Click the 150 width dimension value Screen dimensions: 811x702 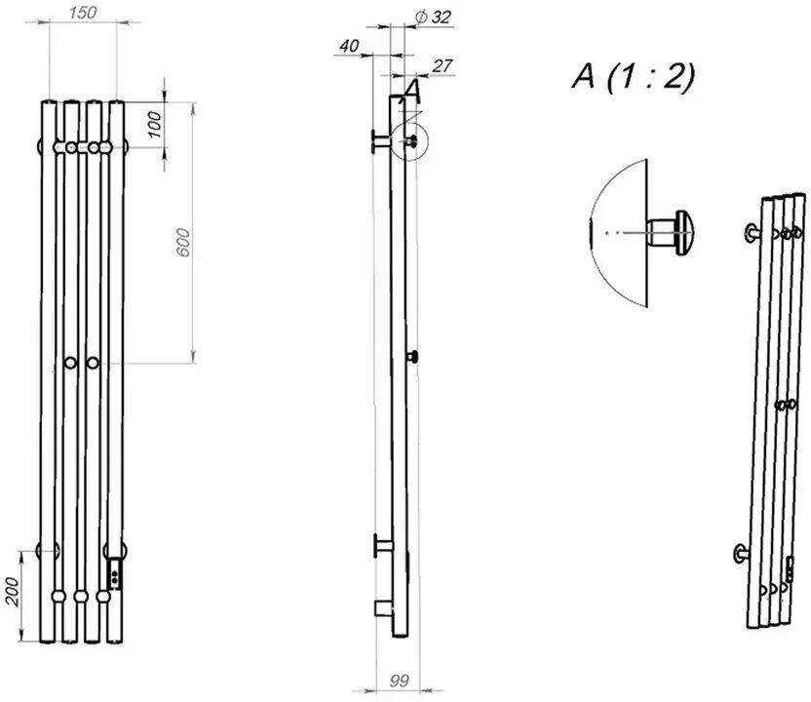(82, 12)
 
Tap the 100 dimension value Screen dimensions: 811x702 (155, 123)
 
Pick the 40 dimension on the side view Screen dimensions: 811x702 (351, 45)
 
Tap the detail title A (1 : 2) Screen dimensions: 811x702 (634, 77)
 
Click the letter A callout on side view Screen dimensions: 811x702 (410, 91)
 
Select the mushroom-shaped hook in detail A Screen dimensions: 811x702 (673, 231)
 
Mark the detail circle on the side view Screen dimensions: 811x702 (409, 141)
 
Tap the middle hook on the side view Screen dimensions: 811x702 (413, 357)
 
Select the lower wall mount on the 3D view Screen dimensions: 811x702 (740, 554)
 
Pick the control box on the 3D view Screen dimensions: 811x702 (790, 567)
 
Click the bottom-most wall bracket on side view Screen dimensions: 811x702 (384, 609)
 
